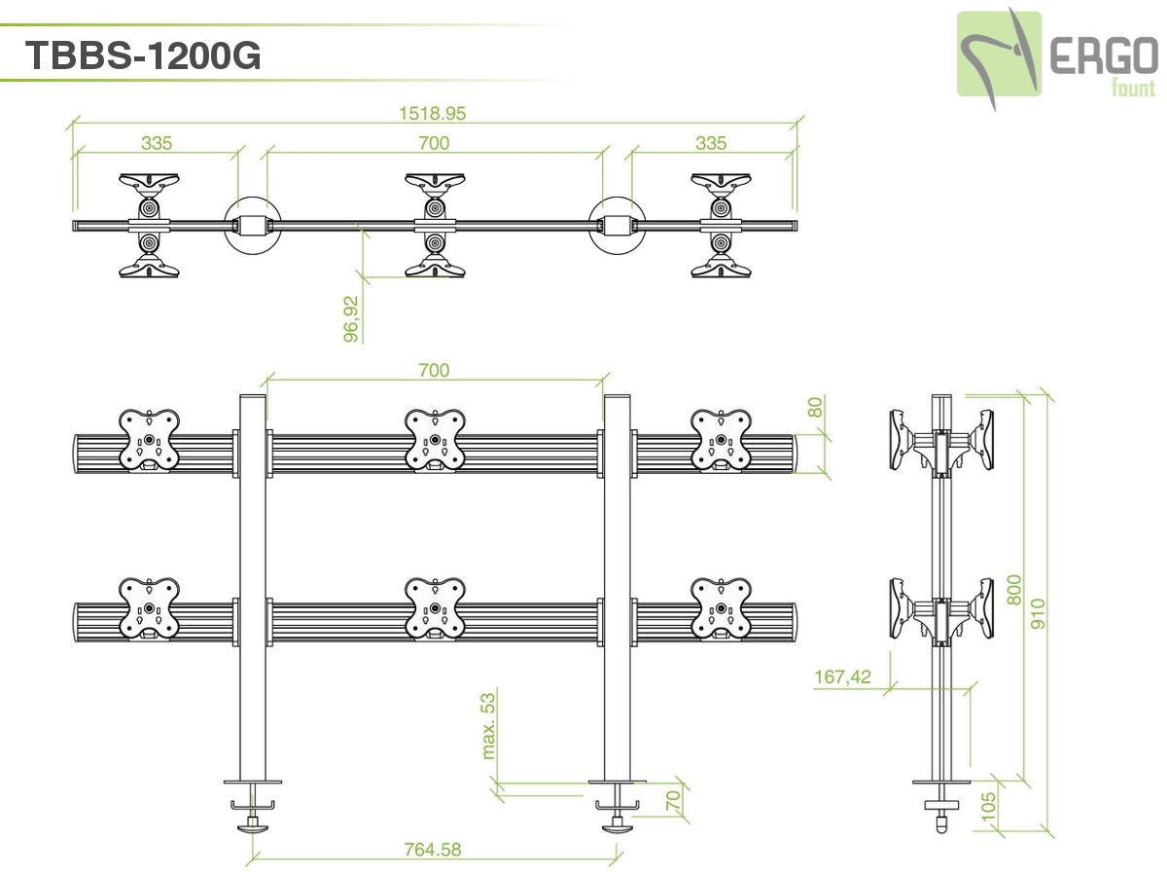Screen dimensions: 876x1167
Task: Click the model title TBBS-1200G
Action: click(x=143, y=56)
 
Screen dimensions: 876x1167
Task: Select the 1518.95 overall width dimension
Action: click(x=433, y=113)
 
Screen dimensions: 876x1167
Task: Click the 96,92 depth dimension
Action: click(x=352, y=319)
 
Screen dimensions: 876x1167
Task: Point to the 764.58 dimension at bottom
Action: click(x=433, y=849)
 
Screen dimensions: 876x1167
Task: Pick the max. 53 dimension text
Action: click(x=489, y=724)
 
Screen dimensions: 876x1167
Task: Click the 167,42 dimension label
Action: click(x=843, y=676)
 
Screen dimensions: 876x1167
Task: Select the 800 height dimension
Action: click(x=1015, y=588)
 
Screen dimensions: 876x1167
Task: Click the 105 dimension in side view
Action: click(x=990, y=807)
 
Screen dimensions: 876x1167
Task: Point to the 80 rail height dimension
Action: click(x=815, y=406)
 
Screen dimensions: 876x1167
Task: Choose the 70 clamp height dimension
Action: click(x=671, y=800)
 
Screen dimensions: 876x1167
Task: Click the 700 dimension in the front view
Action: click(x=434, y=370)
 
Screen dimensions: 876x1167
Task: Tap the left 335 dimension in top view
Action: click(x=157, y=143)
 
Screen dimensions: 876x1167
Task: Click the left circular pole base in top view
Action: click(x=252, y=226)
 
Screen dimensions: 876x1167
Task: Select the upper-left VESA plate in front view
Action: click(x=149, y=439)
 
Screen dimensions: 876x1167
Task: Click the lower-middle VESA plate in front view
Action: click(x=434, y=609)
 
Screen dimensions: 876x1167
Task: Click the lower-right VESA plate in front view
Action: click(x=721, y=609)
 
